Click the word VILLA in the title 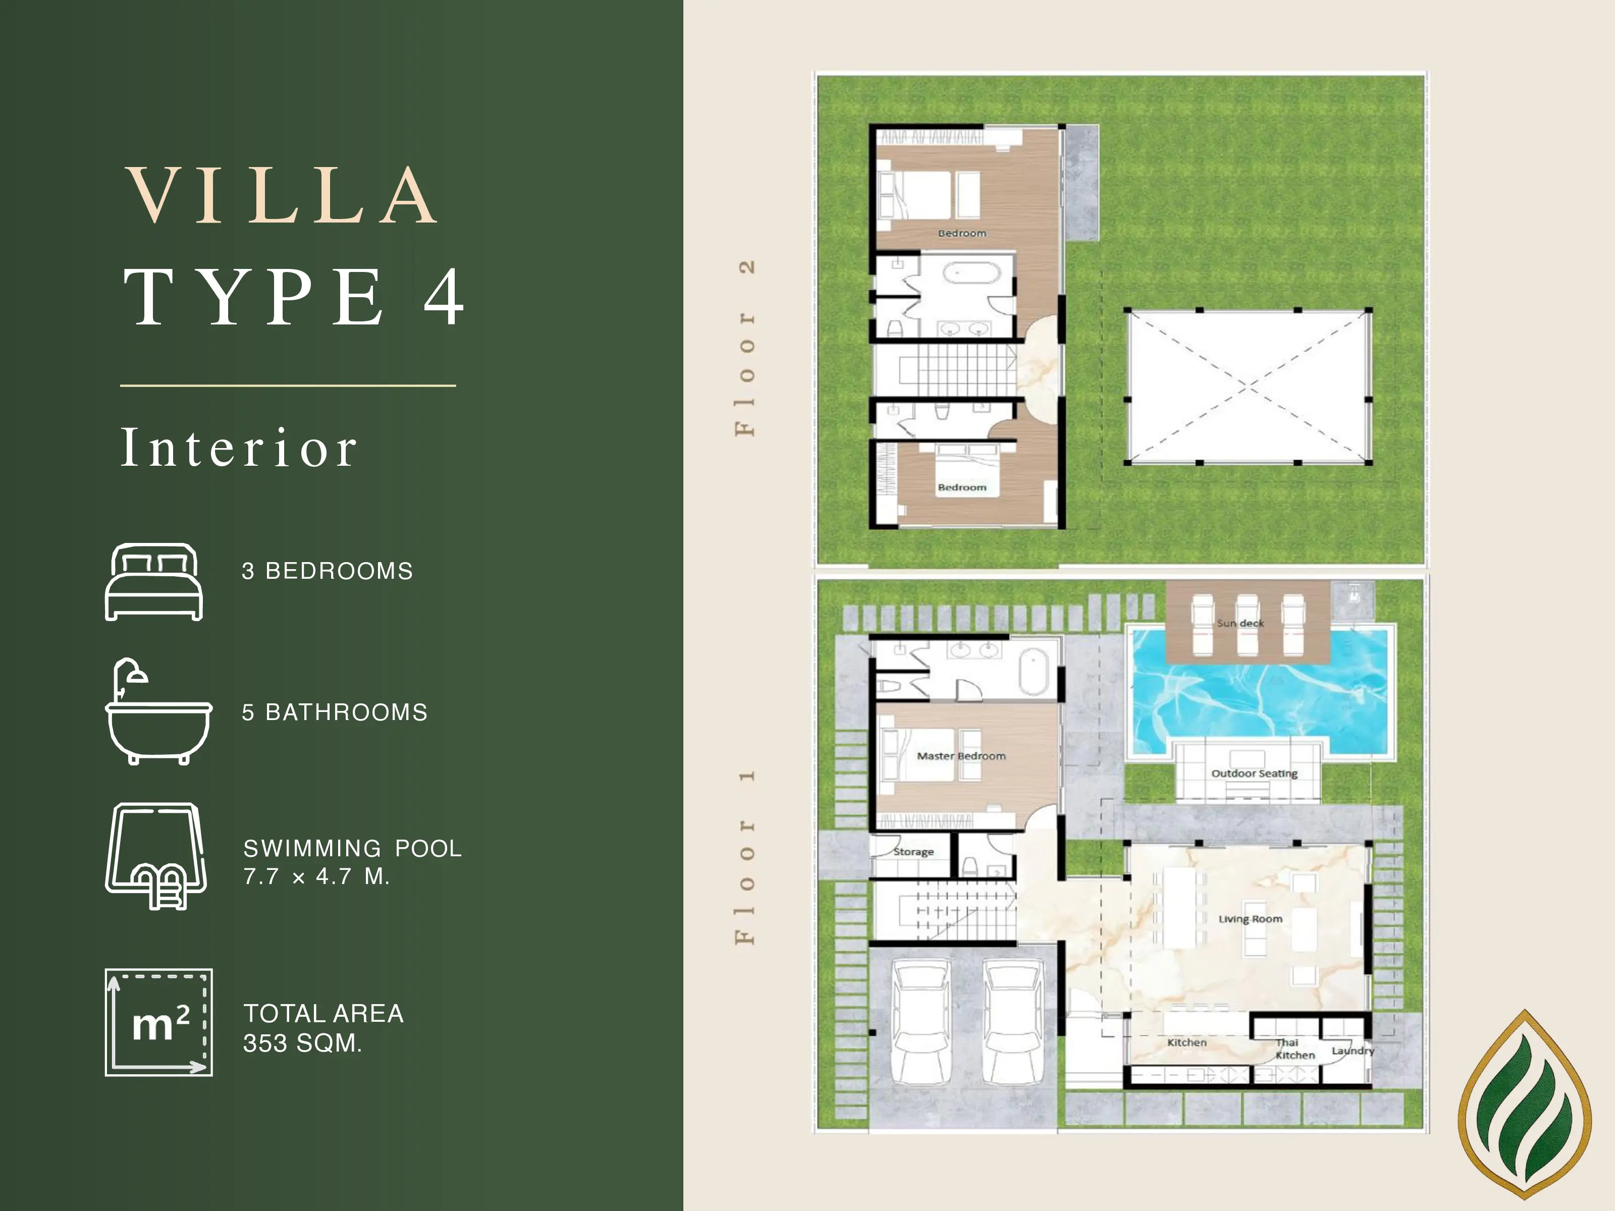click(282, 196)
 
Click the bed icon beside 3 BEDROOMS click(154, 582)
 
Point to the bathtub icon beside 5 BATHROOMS click(158, 711)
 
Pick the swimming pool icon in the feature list click(156, 856)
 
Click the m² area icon click(159, 1023)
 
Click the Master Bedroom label click(961, 756)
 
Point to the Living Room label click(1250, 919)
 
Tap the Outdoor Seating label click(1254, 774)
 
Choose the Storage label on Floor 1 click(913, 852)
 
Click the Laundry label click(1353, 1051)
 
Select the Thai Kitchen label click(1295, 1049)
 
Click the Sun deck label click(1241, 623)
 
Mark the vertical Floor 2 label click(745, 348)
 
